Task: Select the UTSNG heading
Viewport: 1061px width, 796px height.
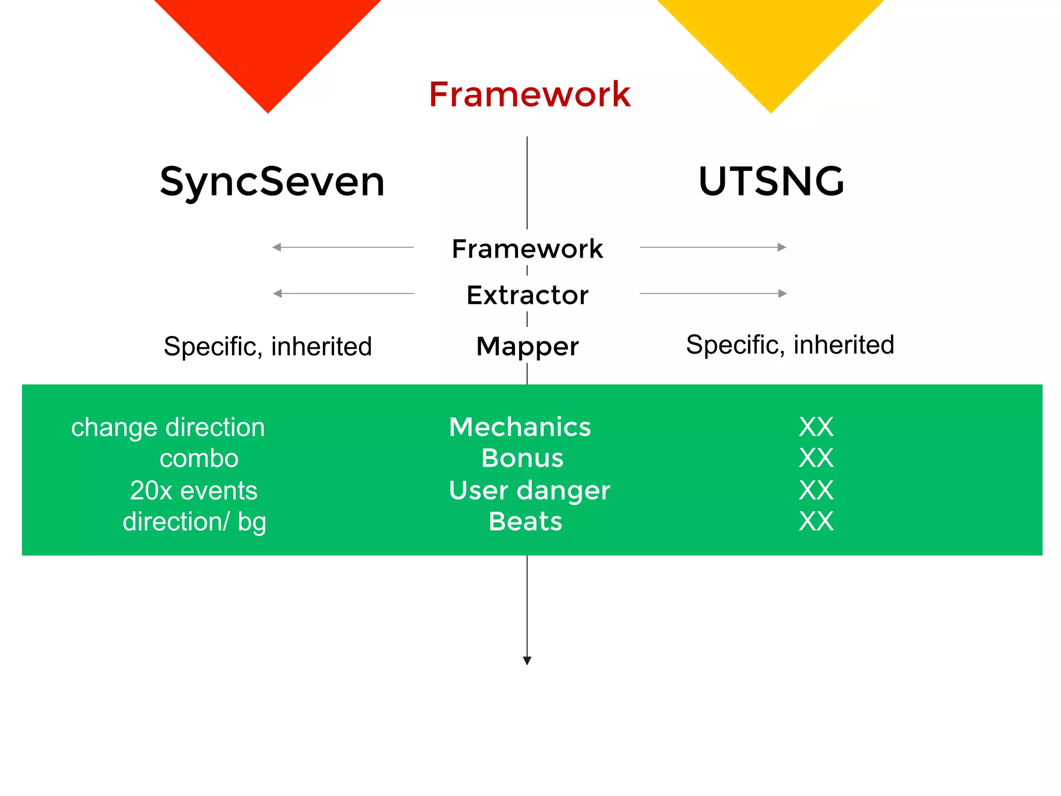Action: coord(771,181)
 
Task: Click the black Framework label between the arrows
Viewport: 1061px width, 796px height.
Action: coord(527,249)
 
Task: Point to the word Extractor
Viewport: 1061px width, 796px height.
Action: coord(527,295)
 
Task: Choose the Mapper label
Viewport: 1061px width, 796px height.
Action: coord(527,346)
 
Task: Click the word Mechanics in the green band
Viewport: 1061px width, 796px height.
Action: coord(520,427)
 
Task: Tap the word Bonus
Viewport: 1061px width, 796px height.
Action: coord(522,458)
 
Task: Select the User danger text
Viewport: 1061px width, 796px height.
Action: coord(529,490)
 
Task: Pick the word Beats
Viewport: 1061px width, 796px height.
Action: coord(525,521)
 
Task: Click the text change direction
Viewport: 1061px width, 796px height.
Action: coord(168,428)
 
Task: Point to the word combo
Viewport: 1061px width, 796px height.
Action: coord(199,459)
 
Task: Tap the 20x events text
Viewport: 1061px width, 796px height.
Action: coord(193,490)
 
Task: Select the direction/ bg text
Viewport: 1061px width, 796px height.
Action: coord(194,522)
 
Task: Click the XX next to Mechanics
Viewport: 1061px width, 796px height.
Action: coord(816,427)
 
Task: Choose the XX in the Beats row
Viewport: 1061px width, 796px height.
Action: coord(816,521)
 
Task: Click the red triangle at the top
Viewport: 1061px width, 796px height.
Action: coord(268,41)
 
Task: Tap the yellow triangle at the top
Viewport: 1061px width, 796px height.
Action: coord(770,41)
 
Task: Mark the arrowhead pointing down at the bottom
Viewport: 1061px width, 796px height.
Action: coord(527,661)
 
